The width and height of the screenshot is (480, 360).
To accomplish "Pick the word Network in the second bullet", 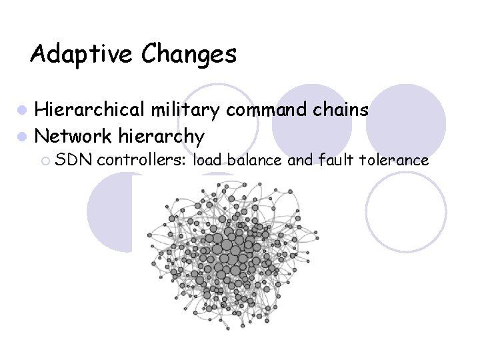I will click(73, 136).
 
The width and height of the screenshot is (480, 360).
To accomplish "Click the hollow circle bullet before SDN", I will click(45, 160).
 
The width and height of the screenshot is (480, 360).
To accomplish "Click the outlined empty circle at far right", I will click(407, 213).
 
